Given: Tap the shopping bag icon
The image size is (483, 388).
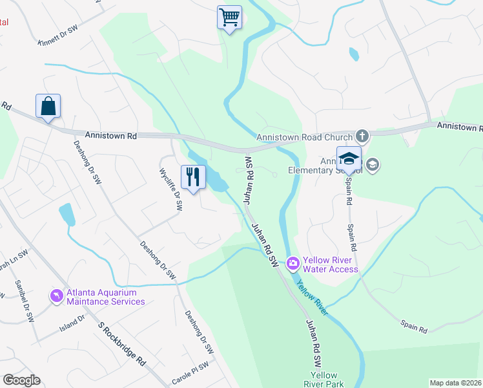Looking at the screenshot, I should click(48, 105).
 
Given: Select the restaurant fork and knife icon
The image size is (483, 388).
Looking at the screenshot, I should click(192, 176).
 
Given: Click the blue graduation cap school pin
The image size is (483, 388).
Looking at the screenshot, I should click(349, 158).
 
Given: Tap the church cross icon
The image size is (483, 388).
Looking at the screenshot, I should click(362, 136).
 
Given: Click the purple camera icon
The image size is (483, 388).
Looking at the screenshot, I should click(293, 263).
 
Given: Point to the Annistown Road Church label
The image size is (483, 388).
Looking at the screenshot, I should click(304, 137).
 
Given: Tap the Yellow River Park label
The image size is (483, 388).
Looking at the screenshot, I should click(324, 380).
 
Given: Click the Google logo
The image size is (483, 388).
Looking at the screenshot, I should click(21, 380).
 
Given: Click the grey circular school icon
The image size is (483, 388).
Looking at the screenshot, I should click(372, 166).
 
